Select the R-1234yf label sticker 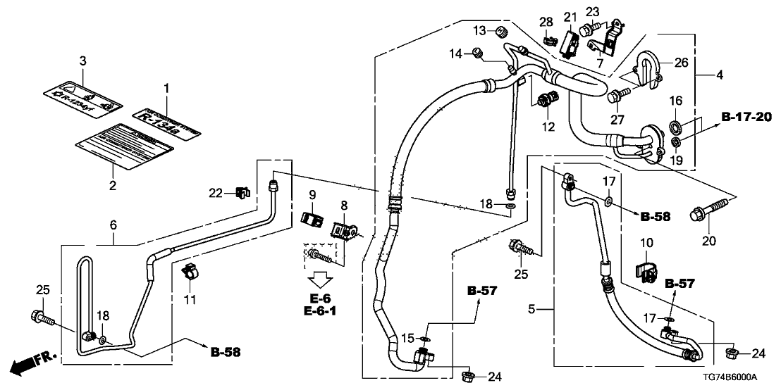82,96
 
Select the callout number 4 719,74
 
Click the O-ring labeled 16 675,127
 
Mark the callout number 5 533,308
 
